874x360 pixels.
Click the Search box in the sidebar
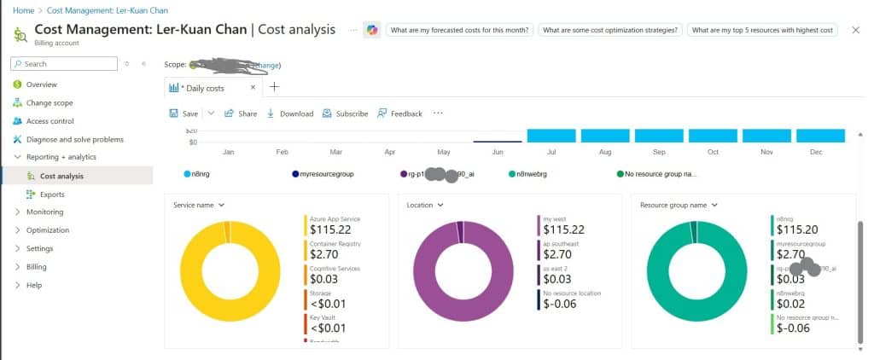tap(64, 63)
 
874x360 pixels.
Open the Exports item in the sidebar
tap(52, 195)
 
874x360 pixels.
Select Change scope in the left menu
tap(55, 102)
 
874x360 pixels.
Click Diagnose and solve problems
tap(74, 139)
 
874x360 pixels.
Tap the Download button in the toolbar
tap(290, 113)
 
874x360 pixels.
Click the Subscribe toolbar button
tap(345, 113)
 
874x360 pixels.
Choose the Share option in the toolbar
tap(241, 113)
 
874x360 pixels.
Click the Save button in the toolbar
tap(184, 113)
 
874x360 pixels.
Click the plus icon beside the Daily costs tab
tap(274, 87)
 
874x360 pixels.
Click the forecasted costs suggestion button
tap(460, 30)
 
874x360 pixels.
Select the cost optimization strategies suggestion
tap(611, 30)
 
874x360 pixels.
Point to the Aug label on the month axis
tap(605, 152)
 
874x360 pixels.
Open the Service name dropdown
tap(198, 205)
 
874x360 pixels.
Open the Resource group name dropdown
tap(679, 205)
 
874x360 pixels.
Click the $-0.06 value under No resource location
tap(560, 304)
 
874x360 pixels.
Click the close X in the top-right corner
tap(856, 30)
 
